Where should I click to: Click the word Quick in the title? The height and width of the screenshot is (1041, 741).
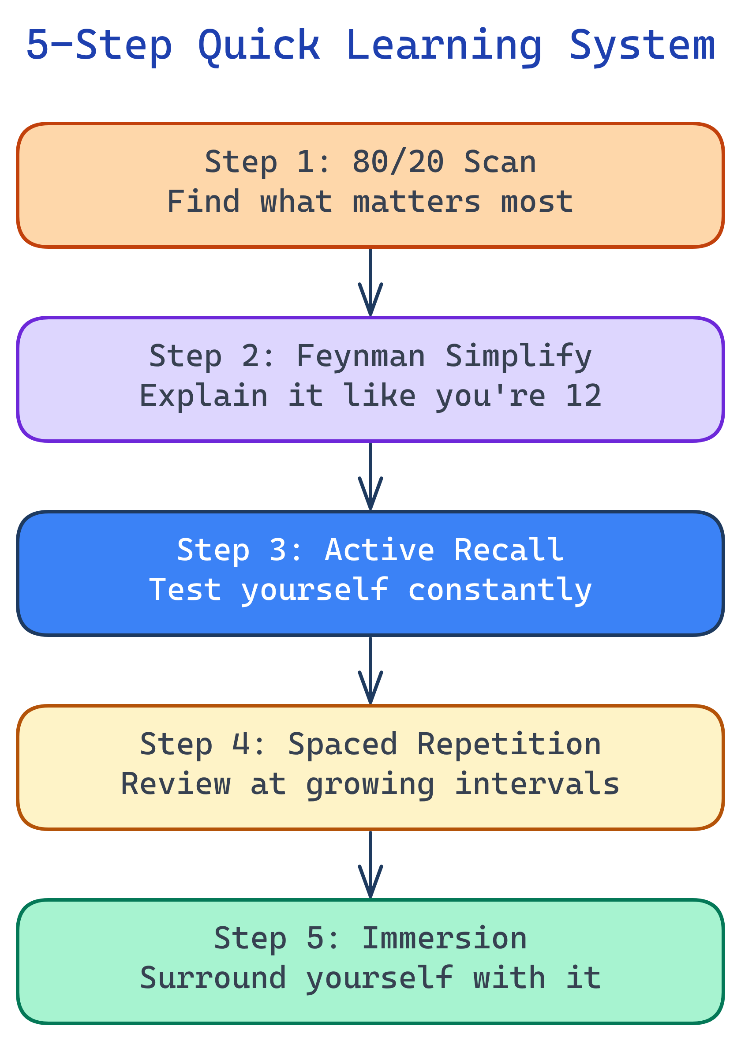point(259,45)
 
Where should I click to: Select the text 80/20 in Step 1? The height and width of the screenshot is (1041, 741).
point(398,162)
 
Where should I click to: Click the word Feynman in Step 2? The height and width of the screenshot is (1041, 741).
point(361,356)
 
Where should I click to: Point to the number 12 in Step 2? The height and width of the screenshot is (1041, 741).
point(583,396)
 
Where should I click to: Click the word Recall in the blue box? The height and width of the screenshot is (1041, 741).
point(509,550)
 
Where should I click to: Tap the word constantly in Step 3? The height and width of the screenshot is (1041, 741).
point(500,590)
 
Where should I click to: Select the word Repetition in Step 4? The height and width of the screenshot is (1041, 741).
point(509,744)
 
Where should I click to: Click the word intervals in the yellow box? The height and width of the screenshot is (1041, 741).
point(537,784)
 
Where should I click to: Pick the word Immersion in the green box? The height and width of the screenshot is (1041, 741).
point(445,938)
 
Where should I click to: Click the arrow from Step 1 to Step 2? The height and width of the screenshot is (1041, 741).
point(370,283)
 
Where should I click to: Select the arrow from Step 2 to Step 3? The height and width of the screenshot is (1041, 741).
point(370,477)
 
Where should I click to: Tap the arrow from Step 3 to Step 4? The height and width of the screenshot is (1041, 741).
point(370,670)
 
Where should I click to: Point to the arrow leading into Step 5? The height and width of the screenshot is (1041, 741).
point(370,865)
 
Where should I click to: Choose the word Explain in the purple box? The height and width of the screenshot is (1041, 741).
point(203,396)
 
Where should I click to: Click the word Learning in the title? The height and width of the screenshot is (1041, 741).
point(444,45)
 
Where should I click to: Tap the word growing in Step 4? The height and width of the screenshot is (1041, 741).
point(370,784)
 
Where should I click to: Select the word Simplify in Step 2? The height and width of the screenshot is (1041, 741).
point(518,356)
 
